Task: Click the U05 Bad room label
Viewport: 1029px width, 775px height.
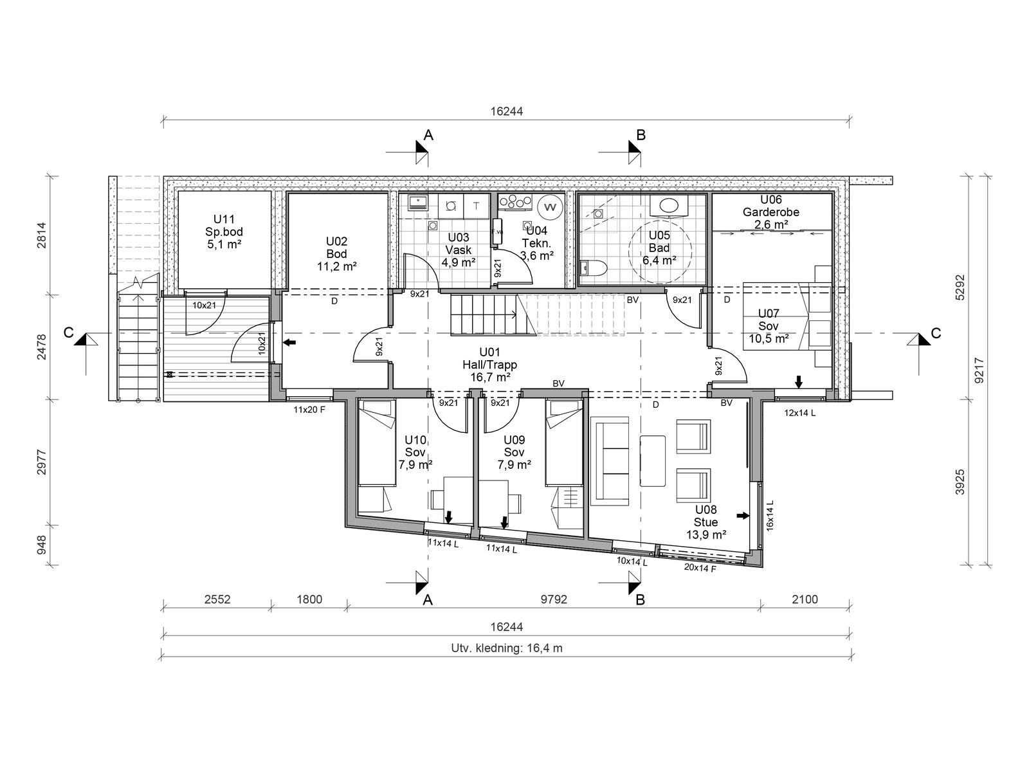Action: tap(659, 248)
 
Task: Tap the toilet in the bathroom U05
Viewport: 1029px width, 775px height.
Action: tap(594, 268)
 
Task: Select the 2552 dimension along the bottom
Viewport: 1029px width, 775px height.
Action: tap(217, 599)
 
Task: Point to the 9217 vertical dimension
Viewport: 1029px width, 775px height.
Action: tap(979, 370)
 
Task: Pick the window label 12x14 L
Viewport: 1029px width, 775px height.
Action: tap(800, 413)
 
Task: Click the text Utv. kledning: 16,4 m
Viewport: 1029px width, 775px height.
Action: tap(506, 648)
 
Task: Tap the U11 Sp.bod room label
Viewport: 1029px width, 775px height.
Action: tap(224, 232)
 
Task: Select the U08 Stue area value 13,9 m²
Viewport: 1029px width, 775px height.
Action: tap(706, 534)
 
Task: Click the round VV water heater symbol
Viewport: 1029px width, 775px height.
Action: tap(550, 207)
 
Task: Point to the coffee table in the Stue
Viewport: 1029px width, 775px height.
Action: tap(653, 461)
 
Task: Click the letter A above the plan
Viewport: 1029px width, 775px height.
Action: tap(428, 136)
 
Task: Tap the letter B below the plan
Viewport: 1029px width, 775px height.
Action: tap(640, 599)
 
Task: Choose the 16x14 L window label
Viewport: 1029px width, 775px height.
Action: tap(769, 515)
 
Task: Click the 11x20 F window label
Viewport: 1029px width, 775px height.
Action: tap(309, 410)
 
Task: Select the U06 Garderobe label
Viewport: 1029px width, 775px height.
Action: tap(770, 212)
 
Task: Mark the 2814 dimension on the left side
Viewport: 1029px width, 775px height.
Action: tap(42, 235)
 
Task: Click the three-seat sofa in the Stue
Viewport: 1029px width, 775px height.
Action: tap(610, 461)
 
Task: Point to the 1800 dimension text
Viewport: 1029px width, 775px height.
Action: tap(309, 599)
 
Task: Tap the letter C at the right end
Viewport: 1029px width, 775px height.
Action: tap(936, 333)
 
